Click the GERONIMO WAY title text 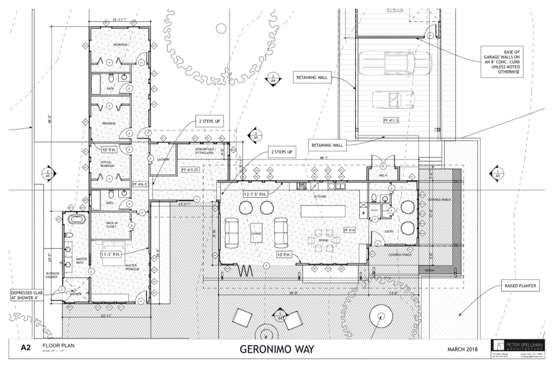[x=276, y=349]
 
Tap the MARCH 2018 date [x=462, y=349]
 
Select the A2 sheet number [x=26, y=348]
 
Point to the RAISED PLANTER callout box [x=520, y=286]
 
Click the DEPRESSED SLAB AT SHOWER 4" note [x=26, y=295]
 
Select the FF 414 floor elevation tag [x=349, y=230]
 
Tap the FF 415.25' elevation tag [x=190, y=170]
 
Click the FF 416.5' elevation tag [x=140, y=184]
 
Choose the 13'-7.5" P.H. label [x=255, y=194]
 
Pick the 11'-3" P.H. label [x=111, y=255]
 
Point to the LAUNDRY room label [x=163, y=159]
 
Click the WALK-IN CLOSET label [x=111, y=225]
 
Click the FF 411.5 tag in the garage [x=391, y=120]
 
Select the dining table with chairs [x=323, y=240]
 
